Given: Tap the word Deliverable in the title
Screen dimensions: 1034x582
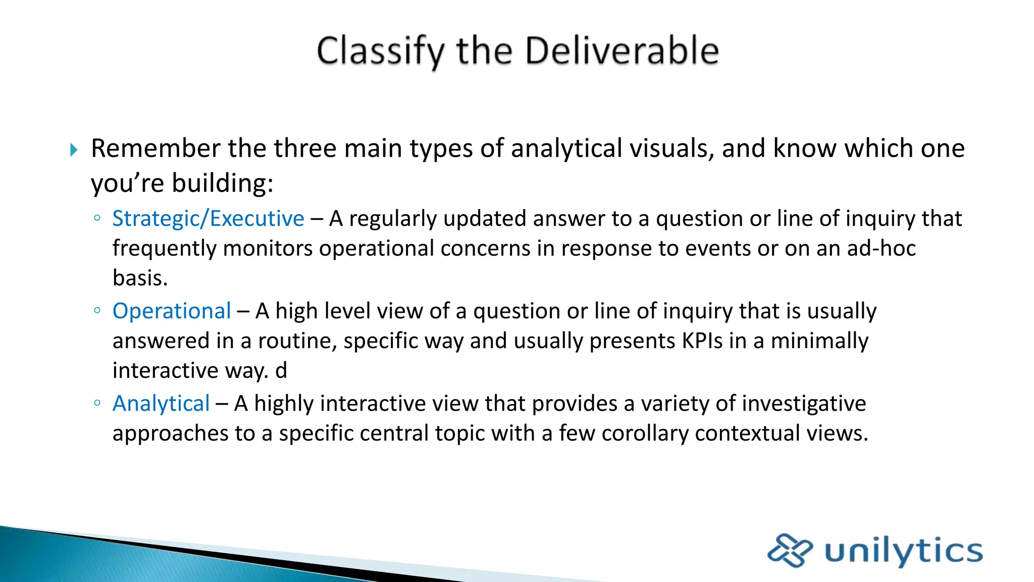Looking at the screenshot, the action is [622, 51].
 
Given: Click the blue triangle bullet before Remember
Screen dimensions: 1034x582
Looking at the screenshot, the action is [74, 150].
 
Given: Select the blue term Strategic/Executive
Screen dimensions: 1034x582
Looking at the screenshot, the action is [208, 219].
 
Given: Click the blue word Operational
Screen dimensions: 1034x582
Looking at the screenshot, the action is [172, 311].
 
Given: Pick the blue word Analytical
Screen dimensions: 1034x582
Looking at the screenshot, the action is [161, 404].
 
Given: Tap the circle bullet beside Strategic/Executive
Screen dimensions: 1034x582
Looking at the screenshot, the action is [97, 218].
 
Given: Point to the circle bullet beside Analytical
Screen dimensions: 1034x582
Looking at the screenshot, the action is [97, 403].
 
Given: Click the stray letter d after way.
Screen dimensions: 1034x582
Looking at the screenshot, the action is [281, 371].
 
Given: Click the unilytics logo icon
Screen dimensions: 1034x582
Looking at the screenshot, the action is [790, 550].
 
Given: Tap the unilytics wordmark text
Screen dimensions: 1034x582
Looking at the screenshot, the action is [903, 551].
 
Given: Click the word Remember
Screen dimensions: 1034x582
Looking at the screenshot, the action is [156, 149].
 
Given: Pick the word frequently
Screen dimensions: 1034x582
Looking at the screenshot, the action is [164, 249].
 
